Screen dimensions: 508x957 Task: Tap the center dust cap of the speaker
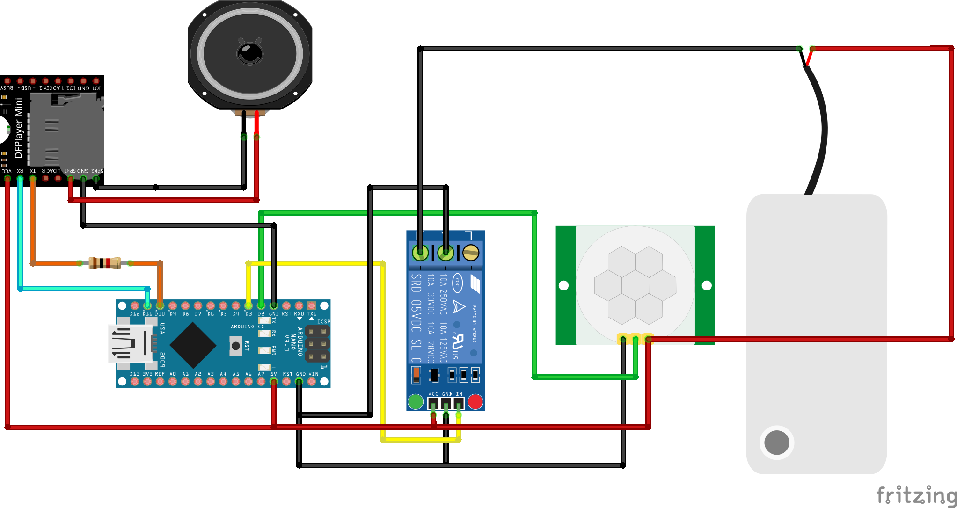[x=250, y=52]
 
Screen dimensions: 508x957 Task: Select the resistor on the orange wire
[x=105, y=263]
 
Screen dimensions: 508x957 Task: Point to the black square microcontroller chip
[x=193, y=345]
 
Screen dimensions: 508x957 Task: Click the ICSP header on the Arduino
[x=317, y=344]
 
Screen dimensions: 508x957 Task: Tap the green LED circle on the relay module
[x=416, y=401]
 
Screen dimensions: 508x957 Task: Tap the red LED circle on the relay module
[x=475, y=401]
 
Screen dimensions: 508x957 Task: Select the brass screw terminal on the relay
[x=471, y=253]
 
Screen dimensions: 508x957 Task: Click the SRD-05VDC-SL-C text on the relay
[x=416, y=318]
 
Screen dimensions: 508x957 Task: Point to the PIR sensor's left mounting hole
[x=564, y=285]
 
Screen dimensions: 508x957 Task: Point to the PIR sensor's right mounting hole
[x=707, y=285]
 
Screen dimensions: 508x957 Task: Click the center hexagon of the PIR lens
[x=635, y=285]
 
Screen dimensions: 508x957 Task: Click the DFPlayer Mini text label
[x=18, y=128]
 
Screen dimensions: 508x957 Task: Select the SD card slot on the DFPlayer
[x=66, y=129]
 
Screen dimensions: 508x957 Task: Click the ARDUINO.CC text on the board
[x=247, y=327]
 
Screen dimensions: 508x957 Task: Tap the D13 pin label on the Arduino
[x=135, y=374]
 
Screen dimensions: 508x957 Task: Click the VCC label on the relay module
[x=433, y=394]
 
